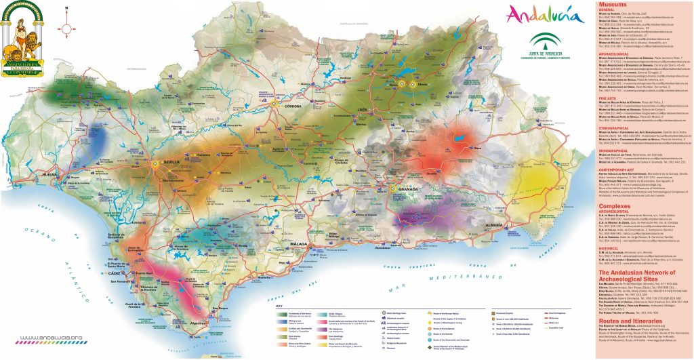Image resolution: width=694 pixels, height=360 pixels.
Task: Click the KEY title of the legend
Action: [x=279, y=306]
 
